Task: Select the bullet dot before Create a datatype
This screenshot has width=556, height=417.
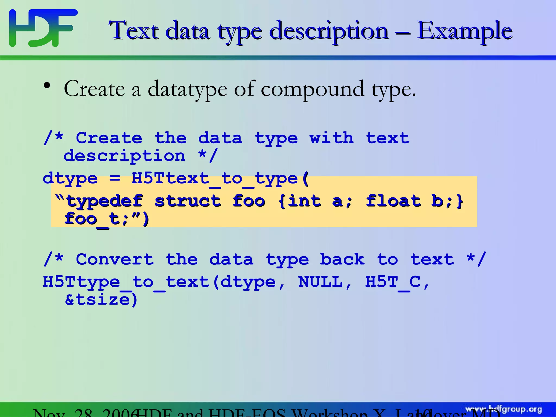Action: [x=47, y=86]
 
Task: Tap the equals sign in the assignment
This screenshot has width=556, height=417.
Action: [x=115, y=179]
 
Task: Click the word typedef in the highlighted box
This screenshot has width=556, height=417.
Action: [x=105, y=201]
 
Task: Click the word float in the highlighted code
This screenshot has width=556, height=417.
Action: [x=394, y=201]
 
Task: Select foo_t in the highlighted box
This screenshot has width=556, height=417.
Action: [x=94, y=219]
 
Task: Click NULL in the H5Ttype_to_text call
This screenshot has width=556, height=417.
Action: [x=320, y=282]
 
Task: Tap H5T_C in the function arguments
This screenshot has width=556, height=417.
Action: [x=393, y=282]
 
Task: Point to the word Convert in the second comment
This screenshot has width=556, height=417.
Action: [x=115, y=260]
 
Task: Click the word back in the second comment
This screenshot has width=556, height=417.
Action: [x=342, y=260]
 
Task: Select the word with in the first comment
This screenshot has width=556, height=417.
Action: [x=332, y=138]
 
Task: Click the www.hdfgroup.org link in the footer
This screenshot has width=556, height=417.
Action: [x=504, y=409]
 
